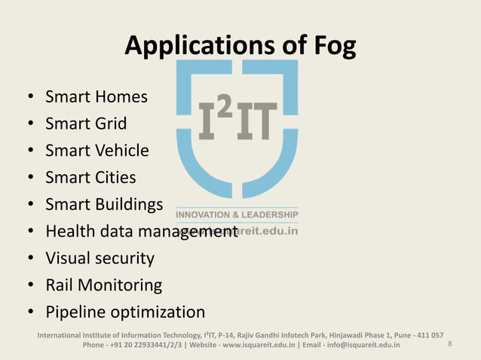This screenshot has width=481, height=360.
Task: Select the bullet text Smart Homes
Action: click(x=97, y=96)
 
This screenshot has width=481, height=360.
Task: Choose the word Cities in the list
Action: click(x=115, y=178)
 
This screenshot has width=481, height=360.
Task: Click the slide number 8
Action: click(x=449, y=344)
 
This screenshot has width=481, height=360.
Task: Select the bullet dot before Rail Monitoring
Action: click(x=29, y=286)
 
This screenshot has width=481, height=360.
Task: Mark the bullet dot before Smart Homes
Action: click(x=29, y=97)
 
